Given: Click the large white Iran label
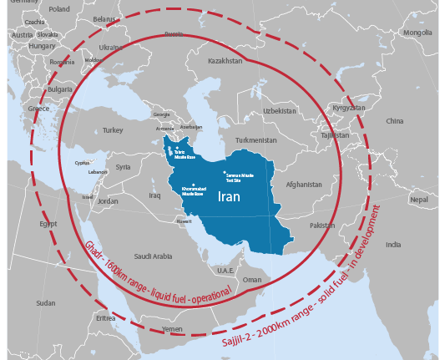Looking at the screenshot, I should coord(230,197).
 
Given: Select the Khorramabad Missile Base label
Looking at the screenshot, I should coord(194,190).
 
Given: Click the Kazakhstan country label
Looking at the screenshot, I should coord(225,61).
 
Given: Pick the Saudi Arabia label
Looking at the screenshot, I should coord(154,256).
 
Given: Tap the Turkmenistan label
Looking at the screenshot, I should coord(255,139).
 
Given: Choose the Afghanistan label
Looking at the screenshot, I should coord(302,184).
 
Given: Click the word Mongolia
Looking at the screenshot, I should coord(417,33).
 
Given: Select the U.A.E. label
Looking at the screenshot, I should coord(225,270).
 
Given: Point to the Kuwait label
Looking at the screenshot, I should coord(184,221).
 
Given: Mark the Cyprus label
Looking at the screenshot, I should coord(82,163).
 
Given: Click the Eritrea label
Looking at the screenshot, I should coord(106,317).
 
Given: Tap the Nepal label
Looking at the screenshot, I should coord(418,200).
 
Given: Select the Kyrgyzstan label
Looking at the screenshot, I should coord(348,108).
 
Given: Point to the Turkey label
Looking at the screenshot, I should coord(113,130).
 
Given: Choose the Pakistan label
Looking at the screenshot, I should coord(321,226).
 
